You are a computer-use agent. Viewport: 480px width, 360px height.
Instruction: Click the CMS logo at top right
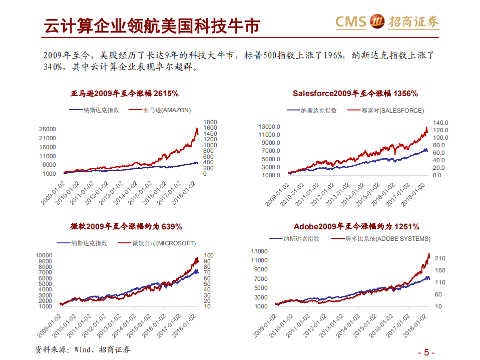coord(386,22)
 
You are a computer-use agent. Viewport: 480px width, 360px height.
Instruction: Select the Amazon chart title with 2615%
coord(125,93)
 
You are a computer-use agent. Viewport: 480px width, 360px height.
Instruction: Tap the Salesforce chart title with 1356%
coord(355,93)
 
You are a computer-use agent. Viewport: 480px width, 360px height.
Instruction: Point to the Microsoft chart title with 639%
coord(126,227)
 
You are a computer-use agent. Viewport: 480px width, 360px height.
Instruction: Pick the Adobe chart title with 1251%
coord(356,227)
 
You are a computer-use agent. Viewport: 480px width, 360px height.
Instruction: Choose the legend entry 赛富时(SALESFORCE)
coord(392,110)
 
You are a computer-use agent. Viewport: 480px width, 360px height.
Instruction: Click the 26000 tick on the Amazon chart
coord(48,129)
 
